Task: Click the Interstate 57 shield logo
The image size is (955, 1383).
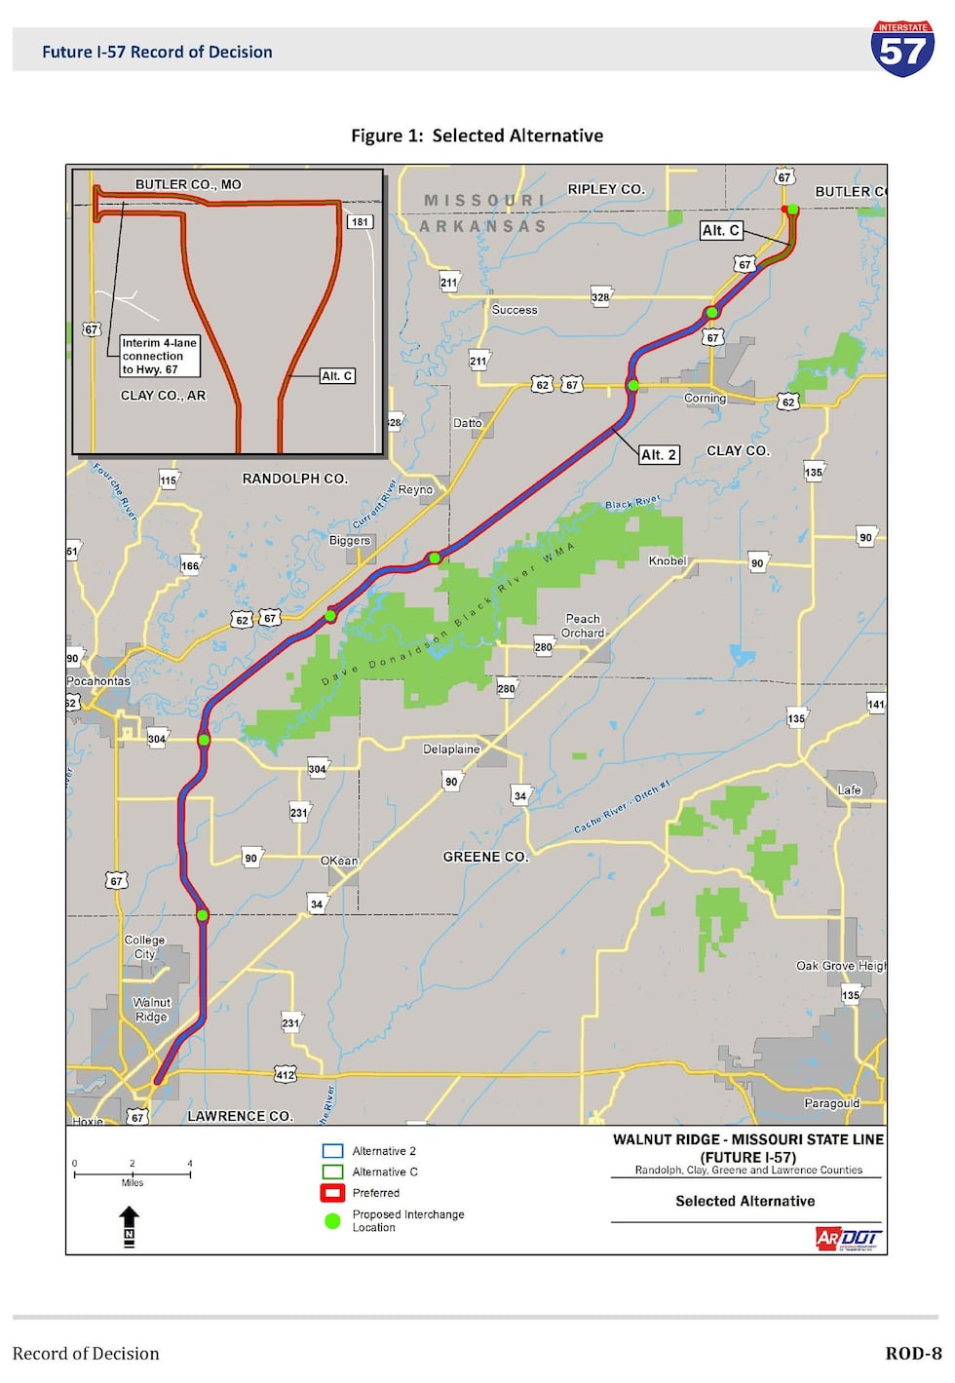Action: point(902,49)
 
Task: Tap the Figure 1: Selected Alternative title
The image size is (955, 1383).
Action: point(477,135)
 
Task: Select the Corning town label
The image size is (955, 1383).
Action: point(705,399)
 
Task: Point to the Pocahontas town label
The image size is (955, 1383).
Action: point(98,681)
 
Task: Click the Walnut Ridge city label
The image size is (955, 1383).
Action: point(151,1010)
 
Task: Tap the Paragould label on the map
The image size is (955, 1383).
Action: point(831,1103)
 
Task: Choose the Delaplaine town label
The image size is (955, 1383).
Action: point(451,749)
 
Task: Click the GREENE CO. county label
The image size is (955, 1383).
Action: point(485,857)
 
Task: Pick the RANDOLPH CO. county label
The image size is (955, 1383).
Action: point(294,479)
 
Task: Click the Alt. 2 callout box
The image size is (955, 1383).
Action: point(659,454)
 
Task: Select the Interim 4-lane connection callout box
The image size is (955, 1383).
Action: point(159,356)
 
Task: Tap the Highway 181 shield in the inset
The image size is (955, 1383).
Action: point(361,222)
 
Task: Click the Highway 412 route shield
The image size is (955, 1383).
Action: point(285,1075)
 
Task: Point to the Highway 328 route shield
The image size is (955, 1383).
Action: point(600,297)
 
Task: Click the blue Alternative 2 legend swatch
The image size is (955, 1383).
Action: point(332,1151)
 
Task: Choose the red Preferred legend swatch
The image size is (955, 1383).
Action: point(332,1193)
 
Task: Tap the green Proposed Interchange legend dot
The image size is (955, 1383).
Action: point(332,1220)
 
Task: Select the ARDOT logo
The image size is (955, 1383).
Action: point(848,1238)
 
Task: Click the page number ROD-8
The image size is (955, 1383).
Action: point(913,1353)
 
